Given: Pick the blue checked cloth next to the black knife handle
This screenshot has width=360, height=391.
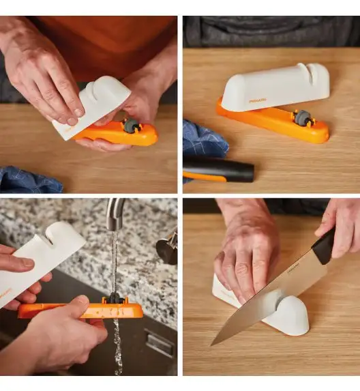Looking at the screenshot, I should point(202,140).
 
